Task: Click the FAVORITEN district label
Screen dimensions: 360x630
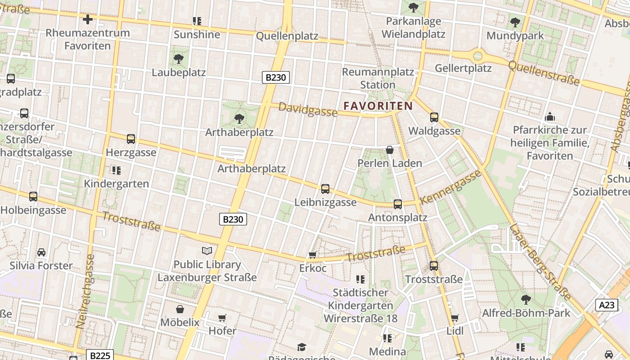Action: (x=378, y=106)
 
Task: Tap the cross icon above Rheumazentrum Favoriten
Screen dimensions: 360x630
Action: (x=88, y=19)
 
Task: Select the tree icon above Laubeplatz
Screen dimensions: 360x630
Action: (x=179, y=58)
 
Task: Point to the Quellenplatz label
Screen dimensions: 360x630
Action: (x=287, y=36)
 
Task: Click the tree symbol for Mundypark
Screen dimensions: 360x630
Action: (x=515, y=22)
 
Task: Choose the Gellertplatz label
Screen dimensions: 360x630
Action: (x=463, y=68)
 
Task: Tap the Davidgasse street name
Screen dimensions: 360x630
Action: (x=308, y=109)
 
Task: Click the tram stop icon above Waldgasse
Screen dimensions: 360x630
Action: (x=434, y=117)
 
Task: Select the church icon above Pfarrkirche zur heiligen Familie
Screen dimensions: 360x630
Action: (x=550, y=117)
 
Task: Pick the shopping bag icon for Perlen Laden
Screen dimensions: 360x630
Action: (x=390, y=150)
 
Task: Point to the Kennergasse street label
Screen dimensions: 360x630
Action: (x=450, y=187)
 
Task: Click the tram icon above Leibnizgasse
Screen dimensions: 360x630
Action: (x=325, y=189)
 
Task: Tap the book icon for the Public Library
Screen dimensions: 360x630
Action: (x=207, y=251)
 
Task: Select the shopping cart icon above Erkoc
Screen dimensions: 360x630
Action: (x=313, y=255)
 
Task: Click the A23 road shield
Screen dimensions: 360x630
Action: (x=606, y=305)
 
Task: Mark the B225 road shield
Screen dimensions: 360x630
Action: (x=99, y=355)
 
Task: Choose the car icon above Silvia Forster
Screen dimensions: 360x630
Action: (x=41, y=252)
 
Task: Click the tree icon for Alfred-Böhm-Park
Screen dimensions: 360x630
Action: (x=526, y=299)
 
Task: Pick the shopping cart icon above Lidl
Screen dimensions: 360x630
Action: (x=455, y=318)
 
